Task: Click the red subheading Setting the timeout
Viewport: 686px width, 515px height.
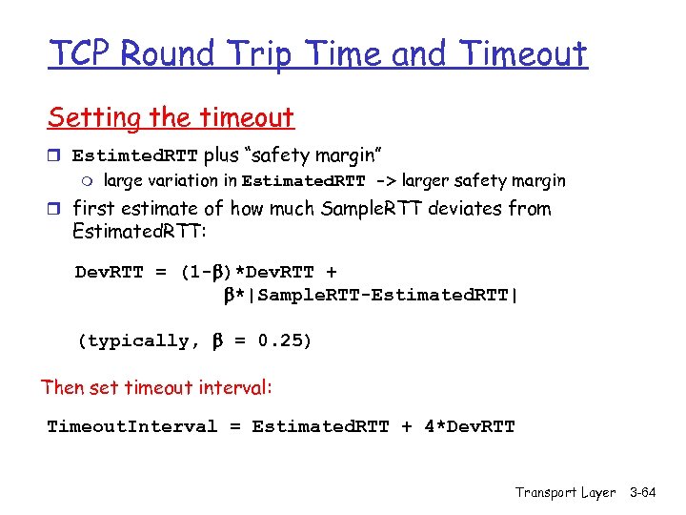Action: (171, 118)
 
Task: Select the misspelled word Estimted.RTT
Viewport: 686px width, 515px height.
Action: (134, 155)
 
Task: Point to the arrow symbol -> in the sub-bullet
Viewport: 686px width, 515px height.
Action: (386, 181)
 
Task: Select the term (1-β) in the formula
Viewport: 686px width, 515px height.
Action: (206, 273)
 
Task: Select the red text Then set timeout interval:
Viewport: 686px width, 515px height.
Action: (157, 387)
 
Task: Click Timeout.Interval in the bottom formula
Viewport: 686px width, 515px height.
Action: (132, 426)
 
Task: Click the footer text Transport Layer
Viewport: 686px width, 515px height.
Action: (566, 492)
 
